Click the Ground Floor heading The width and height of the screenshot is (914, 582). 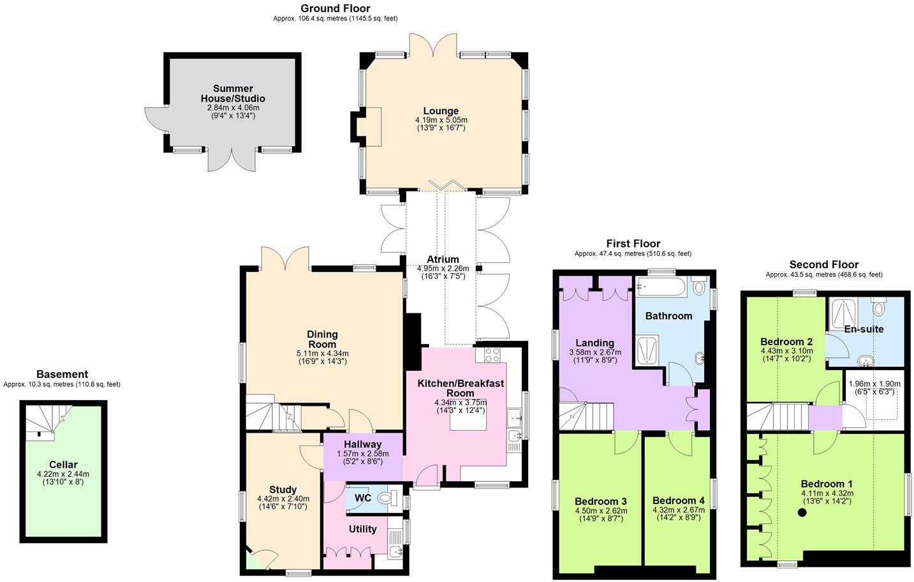pos(335,8)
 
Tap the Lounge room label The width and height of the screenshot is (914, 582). pos(441,111)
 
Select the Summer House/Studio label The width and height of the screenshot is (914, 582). pos(233,93)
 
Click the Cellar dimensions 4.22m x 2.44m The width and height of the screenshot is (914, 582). pos(63,474)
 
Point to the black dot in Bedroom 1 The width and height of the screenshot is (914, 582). pos(802,512)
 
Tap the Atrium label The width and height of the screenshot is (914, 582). pos(443,259)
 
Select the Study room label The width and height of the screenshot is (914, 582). pos(283,490)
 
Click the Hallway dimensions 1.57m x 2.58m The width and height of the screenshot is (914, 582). pos(362,454)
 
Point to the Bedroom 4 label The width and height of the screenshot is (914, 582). pos(678,500)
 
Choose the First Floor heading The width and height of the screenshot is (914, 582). pos(633,244)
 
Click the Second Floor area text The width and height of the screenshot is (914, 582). pos(823,275)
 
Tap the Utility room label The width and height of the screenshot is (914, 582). pos(362,529)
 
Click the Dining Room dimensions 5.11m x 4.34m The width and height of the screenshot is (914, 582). pos(322,354)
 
